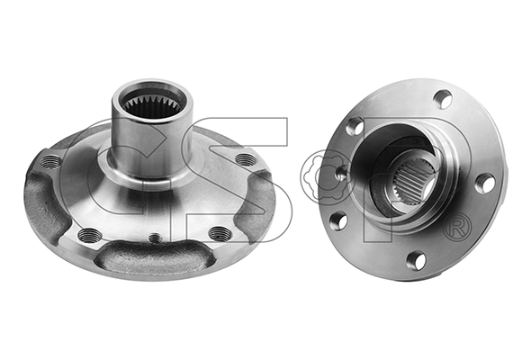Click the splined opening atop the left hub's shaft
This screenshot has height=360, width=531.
click(x=152, y=103)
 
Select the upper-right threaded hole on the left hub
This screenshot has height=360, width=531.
click(x=246, y=158)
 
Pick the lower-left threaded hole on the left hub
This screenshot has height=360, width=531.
click(x=88, y=234)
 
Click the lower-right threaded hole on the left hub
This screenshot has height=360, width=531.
click(x=219, y=233)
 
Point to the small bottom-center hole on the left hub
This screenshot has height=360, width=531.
click(x=155, y=238)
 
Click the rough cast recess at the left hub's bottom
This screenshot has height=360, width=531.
click(x=156, y=256)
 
